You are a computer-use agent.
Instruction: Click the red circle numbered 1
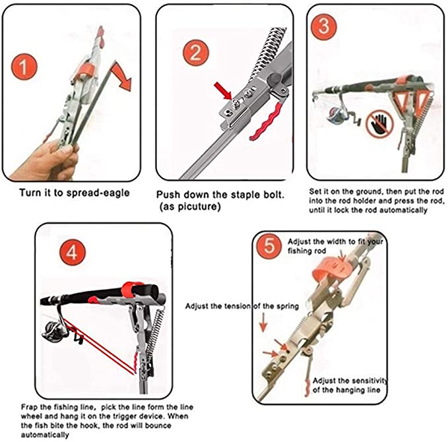(24, 67)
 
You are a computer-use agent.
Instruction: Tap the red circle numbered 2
(196, 53)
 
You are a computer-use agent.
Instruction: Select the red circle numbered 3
(324, 26)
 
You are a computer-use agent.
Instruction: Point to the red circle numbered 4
(73, 252)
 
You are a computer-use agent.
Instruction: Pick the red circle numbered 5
(269, 246)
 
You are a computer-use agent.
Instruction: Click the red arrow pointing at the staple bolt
(223, 90)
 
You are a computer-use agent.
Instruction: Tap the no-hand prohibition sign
(380, 123)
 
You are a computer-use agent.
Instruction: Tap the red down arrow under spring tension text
(263, 323)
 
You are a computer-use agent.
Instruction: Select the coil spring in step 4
(155, 331)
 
